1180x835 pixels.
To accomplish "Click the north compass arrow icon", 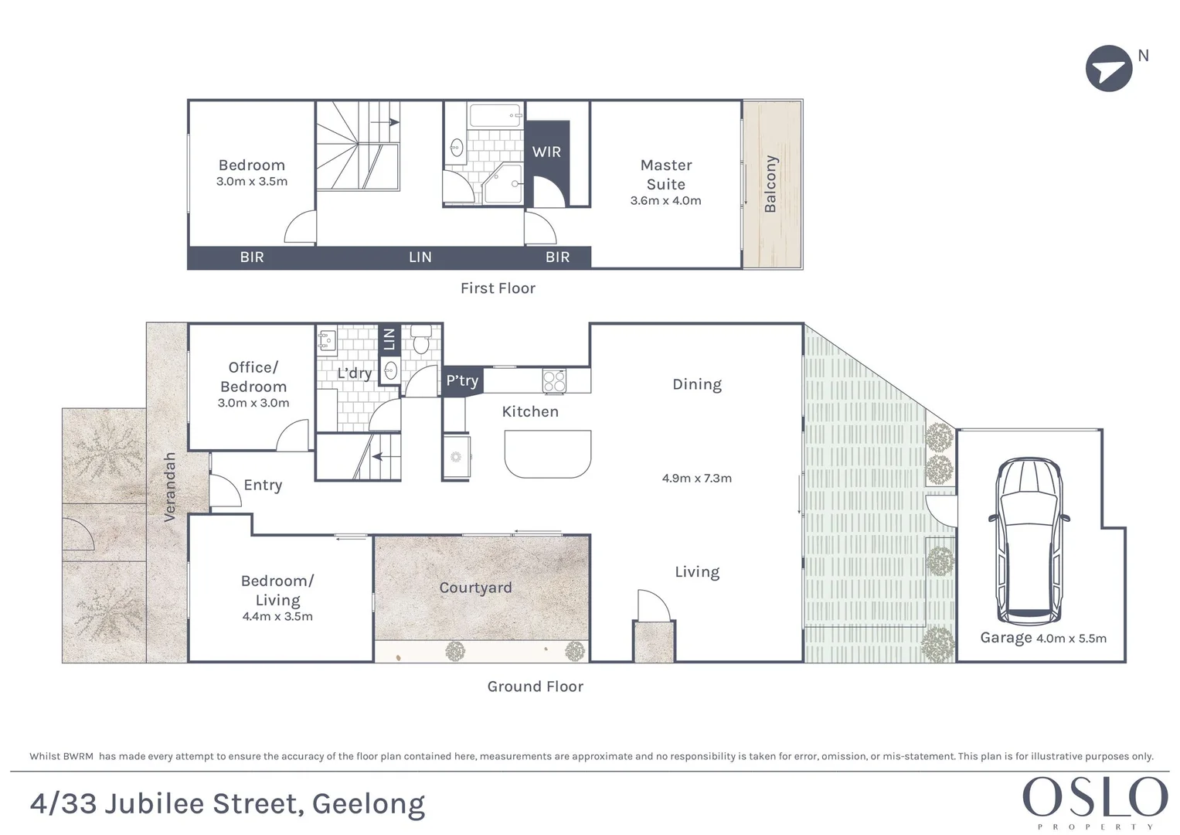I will pyautogui.click(x=1109, y=69).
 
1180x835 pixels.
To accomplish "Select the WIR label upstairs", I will pyautogui.click(x=546, y=152).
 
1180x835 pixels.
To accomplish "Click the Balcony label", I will pyautogui.click(x=770, y=184).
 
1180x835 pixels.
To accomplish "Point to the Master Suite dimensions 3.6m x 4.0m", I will pyautogui.click(x=665, y=201).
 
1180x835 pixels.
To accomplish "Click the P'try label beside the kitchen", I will pyautogui.click(x=462, y=380).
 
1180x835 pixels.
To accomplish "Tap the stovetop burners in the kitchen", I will pyautogui.click(x=554, y=381).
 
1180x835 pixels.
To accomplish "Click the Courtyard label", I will pyautogui.click(x=475, y=588).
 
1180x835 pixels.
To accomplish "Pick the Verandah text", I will pyautogui.click(x=170, y=486).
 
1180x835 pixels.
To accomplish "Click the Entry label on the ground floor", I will pyautogui.click(x=263, y=485).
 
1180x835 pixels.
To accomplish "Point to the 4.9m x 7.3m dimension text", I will pyautogui.click(x=696, y=479).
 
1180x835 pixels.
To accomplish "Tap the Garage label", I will pyautogui.click(x=1006, y=638).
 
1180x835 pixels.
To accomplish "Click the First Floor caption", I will pyautogui.click(x=498, y=288).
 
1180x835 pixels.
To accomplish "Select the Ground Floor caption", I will pyautogui.click(x=535, y=687).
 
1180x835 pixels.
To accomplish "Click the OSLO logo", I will pyautogui.click(x=1095, y=798).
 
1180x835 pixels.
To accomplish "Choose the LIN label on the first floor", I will pyautogui.click(x=420, y=257).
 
